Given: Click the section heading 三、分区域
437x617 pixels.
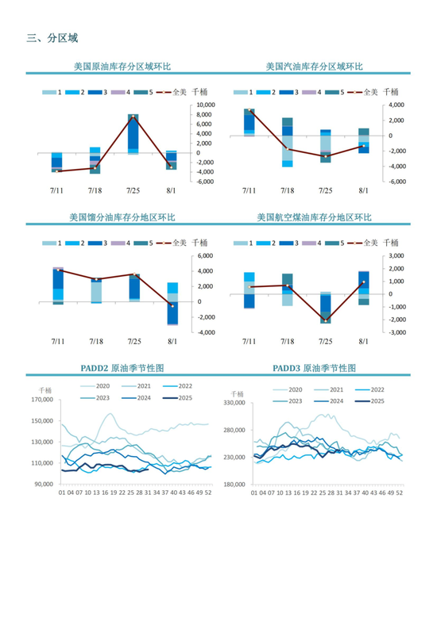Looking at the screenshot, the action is click(x=52, y=38).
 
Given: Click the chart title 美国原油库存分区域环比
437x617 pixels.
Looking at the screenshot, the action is click(x=122, y=66).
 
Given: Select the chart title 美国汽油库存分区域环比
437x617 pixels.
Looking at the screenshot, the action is click(x=315, y=66).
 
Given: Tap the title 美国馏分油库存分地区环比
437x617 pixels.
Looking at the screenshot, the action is click(x=122, y=217).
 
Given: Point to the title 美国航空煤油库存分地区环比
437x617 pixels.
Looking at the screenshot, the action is click(x=315, y=217).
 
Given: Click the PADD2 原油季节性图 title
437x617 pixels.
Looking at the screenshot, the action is click(x=122, y=368).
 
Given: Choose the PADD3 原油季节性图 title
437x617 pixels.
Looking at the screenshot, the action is click(x=315, y=368).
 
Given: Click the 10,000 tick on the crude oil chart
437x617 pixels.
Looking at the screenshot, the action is click(x=206, y=105).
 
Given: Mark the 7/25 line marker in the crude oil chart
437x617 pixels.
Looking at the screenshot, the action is click(x=133, y=117).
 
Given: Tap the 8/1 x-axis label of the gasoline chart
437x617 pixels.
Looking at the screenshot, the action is click(x=363, y=190).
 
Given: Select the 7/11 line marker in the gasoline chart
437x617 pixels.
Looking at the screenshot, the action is click(x=249, y=110).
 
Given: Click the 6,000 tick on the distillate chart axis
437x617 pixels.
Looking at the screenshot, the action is click(x=205, y=256).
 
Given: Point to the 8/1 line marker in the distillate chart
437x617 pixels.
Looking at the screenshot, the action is click(x=172, y=306).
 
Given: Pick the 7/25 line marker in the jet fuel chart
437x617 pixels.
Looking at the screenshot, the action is click(x=326, y=321).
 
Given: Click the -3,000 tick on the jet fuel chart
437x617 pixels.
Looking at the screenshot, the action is click(x=396, y=332).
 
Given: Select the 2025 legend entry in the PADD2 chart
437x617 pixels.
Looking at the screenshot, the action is click(x=177, y=398).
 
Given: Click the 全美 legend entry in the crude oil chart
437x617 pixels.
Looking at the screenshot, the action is click(x=172, y=92).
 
